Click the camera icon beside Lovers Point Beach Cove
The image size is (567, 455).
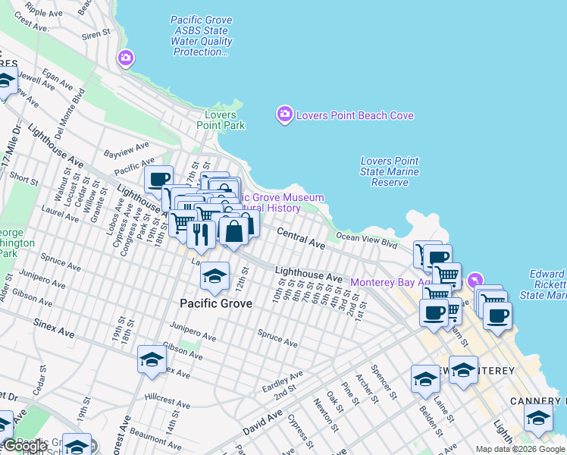284,115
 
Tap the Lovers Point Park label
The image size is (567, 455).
221,121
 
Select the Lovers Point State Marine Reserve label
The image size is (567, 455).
390,171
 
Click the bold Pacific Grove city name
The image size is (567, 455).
215,303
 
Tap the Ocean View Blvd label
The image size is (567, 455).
367,240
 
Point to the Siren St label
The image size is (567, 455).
96,34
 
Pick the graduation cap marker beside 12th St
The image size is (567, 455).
215,276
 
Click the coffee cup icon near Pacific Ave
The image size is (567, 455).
159,180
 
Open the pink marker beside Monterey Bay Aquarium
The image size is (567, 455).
475,281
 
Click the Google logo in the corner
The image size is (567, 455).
26,446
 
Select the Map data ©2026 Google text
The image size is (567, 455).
521,449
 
